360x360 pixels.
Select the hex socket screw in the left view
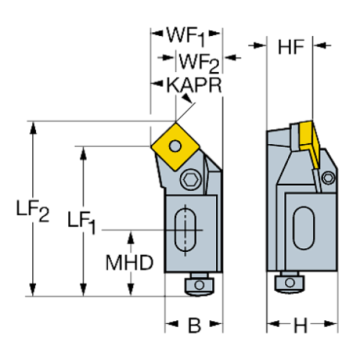(192, 180)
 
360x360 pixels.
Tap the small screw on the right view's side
(327, 179)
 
